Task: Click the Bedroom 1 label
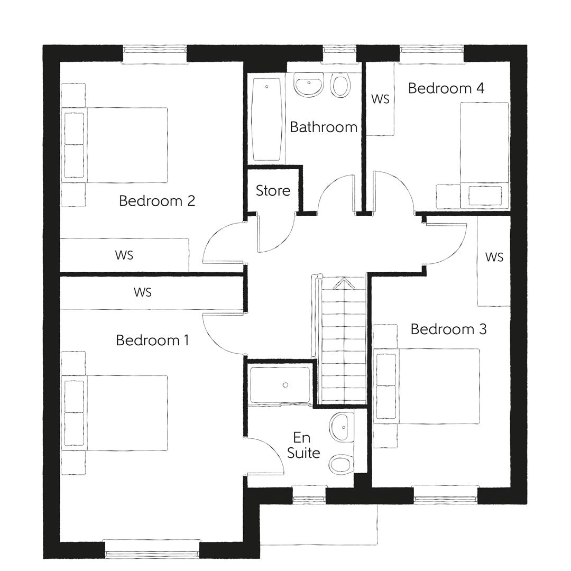(x=152, y=340)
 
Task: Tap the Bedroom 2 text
(x=157, y=201)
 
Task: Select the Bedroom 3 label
(x=448, y=329)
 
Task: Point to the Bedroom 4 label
(x=446, y=88)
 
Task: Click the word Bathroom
(x=324, y=127)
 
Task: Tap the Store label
(x=273, y=190)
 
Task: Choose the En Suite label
(x=307, y=445)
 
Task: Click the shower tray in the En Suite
(x=280, y=385)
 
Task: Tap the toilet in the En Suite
(x=340, y=464)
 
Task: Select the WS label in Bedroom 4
(x=380, y=99)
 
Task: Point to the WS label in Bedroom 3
(x=494, y=257)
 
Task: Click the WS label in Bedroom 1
(x=143, y=292)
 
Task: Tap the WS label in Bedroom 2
(x=124, y=255)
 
